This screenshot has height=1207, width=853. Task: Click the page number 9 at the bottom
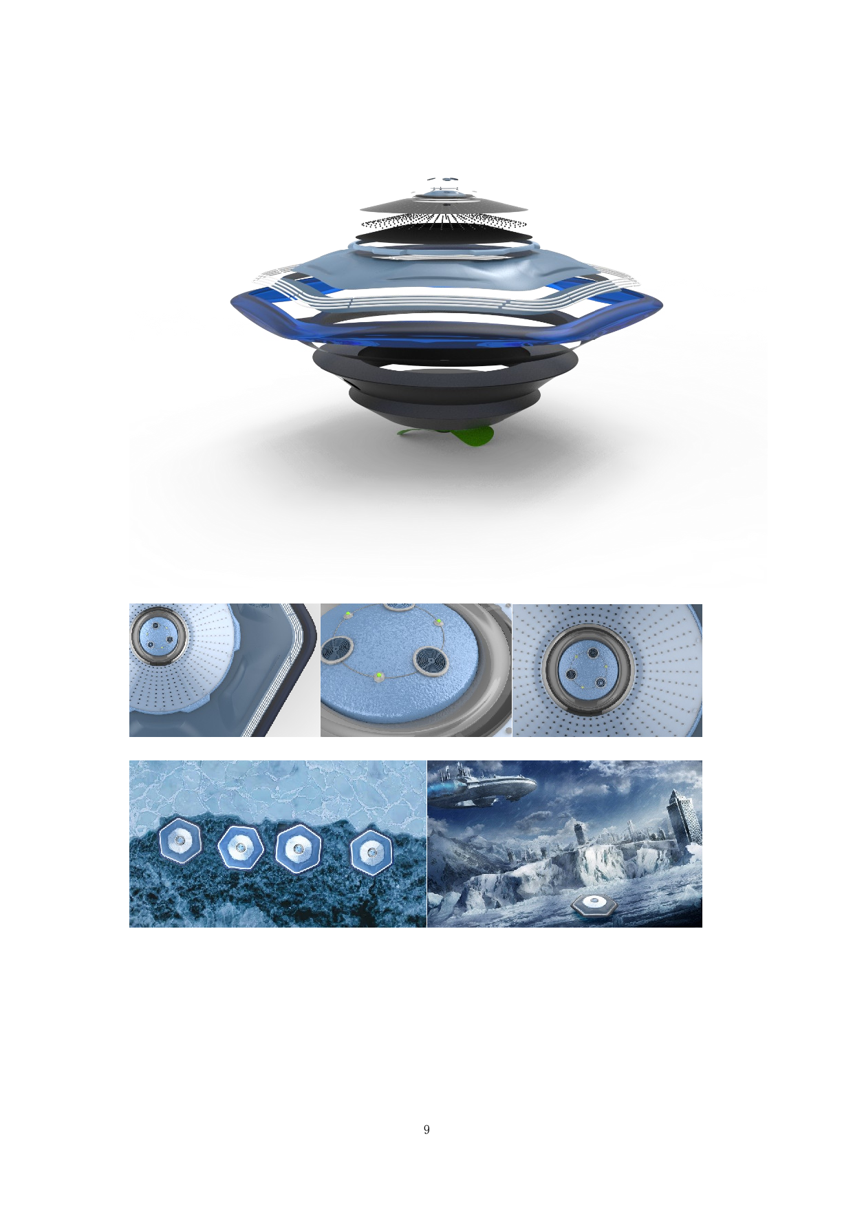coord(426,1129)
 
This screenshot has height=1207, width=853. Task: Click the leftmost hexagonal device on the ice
coord(180,840)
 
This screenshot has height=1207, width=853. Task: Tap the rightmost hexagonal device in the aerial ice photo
coord(371,852)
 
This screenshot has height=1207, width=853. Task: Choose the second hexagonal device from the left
coord(240,848)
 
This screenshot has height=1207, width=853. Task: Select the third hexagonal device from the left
coord(299,848)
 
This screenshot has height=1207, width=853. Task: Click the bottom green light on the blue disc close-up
coord(378,677)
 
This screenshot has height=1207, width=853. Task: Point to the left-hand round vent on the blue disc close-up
coord(338,649)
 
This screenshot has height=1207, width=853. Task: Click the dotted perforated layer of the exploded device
coord(444,222)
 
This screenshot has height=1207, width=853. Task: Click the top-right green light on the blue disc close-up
coord(438,622)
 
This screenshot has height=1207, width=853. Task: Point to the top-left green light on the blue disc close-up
coord(348,613)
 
